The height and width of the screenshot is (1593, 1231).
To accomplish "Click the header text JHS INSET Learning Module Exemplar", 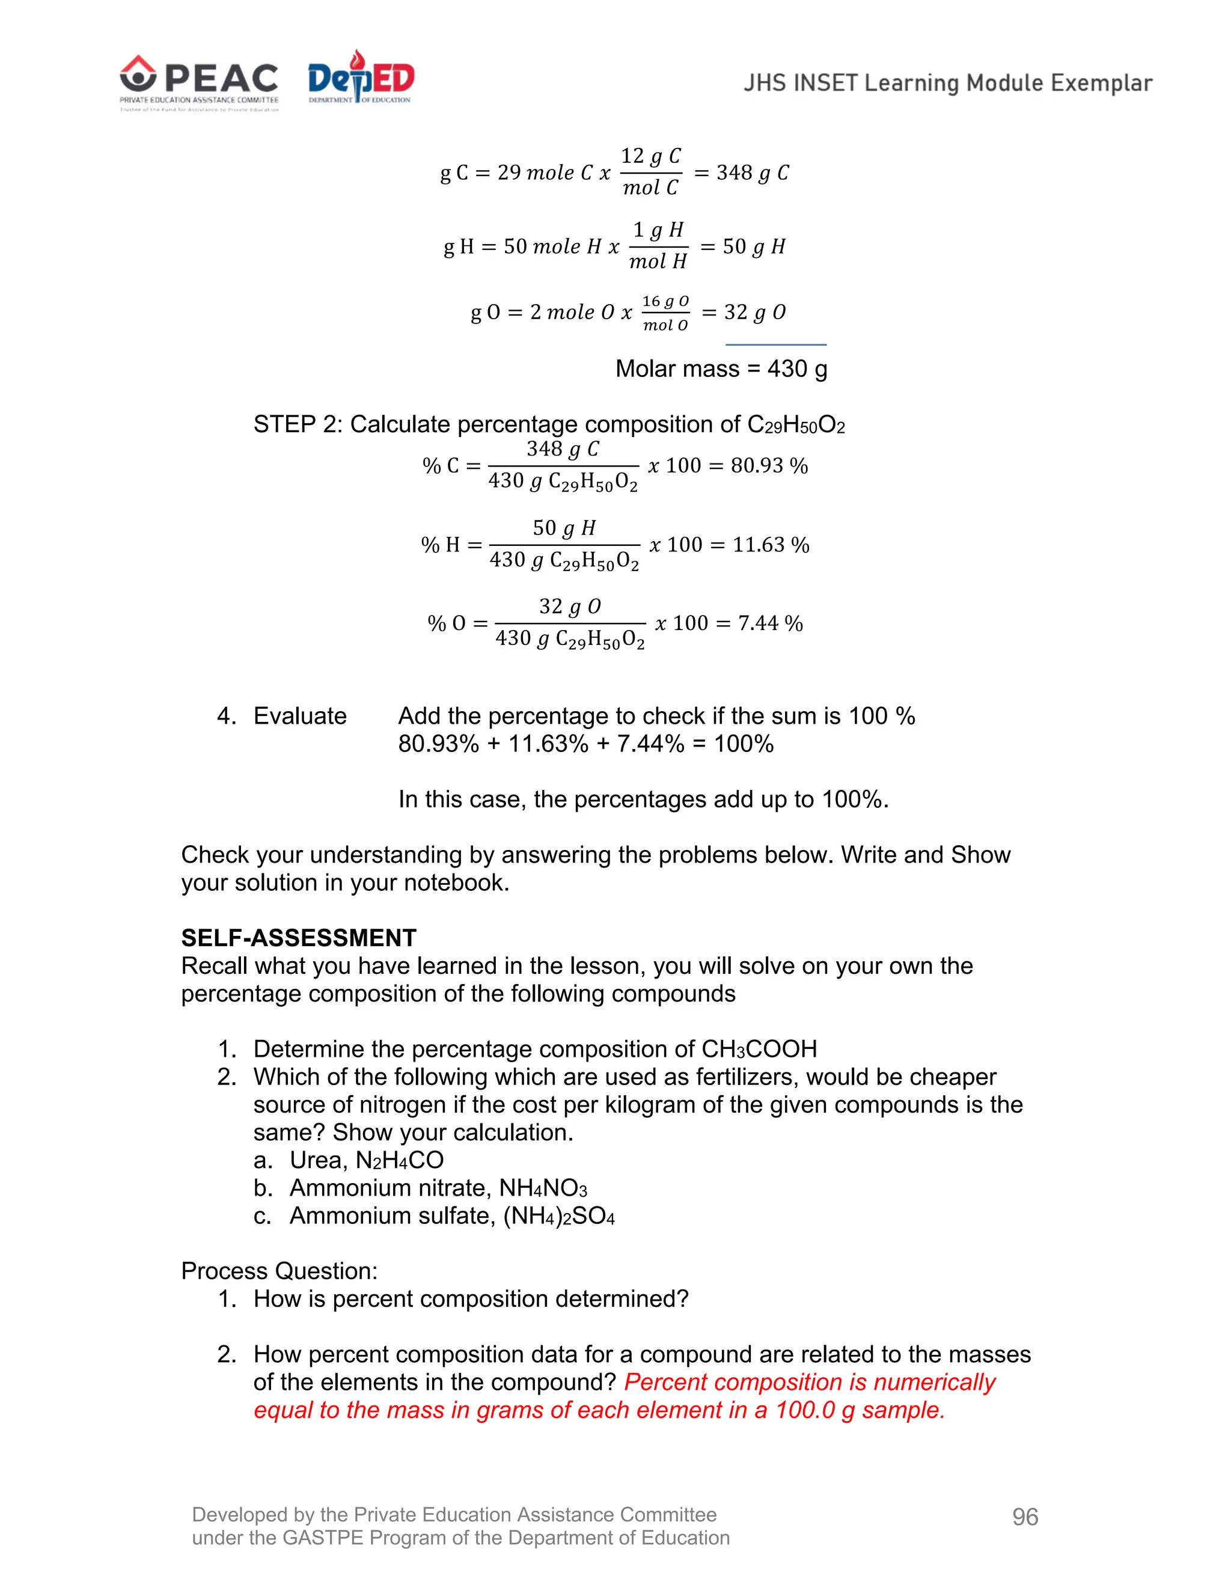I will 947,83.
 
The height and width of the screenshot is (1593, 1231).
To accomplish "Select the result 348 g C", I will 753,173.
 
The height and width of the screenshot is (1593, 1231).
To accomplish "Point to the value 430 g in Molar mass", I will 797,369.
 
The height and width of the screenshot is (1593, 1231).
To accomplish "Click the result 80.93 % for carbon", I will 769,465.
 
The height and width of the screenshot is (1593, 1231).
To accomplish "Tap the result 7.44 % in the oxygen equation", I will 770,623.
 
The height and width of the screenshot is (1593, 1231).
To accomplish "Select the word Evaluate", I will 300,717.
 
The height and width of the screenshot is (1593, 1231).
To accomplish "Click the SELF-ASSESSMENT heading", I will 298,938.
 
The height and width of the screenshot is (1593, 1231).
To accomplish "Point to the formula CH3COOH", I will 759,1050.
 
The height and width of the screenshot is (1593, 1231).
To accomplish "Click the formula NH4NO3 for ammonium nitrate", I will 543,1188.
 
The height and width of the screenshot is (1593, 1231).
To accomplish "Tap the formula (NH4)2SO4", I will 558,1216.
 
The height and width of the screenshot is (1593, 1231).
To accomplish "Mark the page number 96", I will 1025,1517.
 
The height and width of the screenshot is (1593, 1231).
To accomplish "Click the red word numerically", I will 934,1382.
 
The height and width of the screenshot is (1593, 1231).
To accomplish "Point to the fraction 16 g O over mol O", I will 665,313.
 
